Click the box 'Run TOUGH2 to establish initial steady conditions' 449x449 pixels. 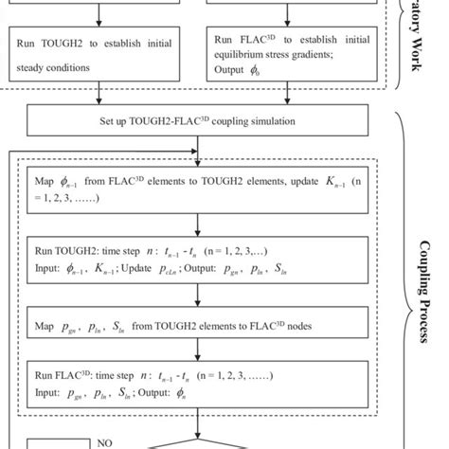click(96, 54)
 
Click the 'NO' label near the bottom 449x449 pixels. click(105, 441)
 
